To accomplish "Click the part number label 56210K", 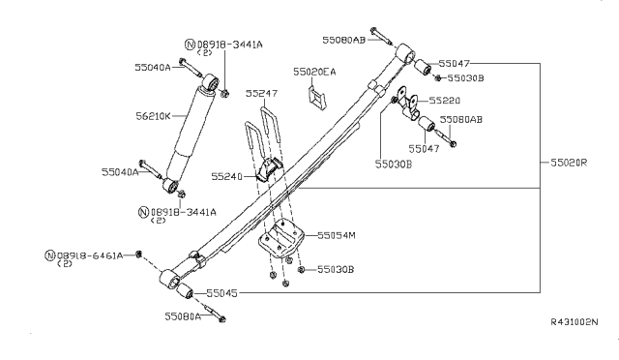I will [152, 117].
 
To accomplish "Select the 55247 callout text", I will [261, 94].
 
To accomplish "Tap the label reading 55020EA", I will [315, 72].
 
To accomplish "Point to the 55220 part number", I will [445, 100].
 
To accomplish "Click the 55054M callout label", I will [337, 235].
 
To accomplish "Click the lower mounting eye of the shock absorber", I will [171, 184].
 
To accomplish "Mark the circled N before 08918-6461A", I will [50, 255].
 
